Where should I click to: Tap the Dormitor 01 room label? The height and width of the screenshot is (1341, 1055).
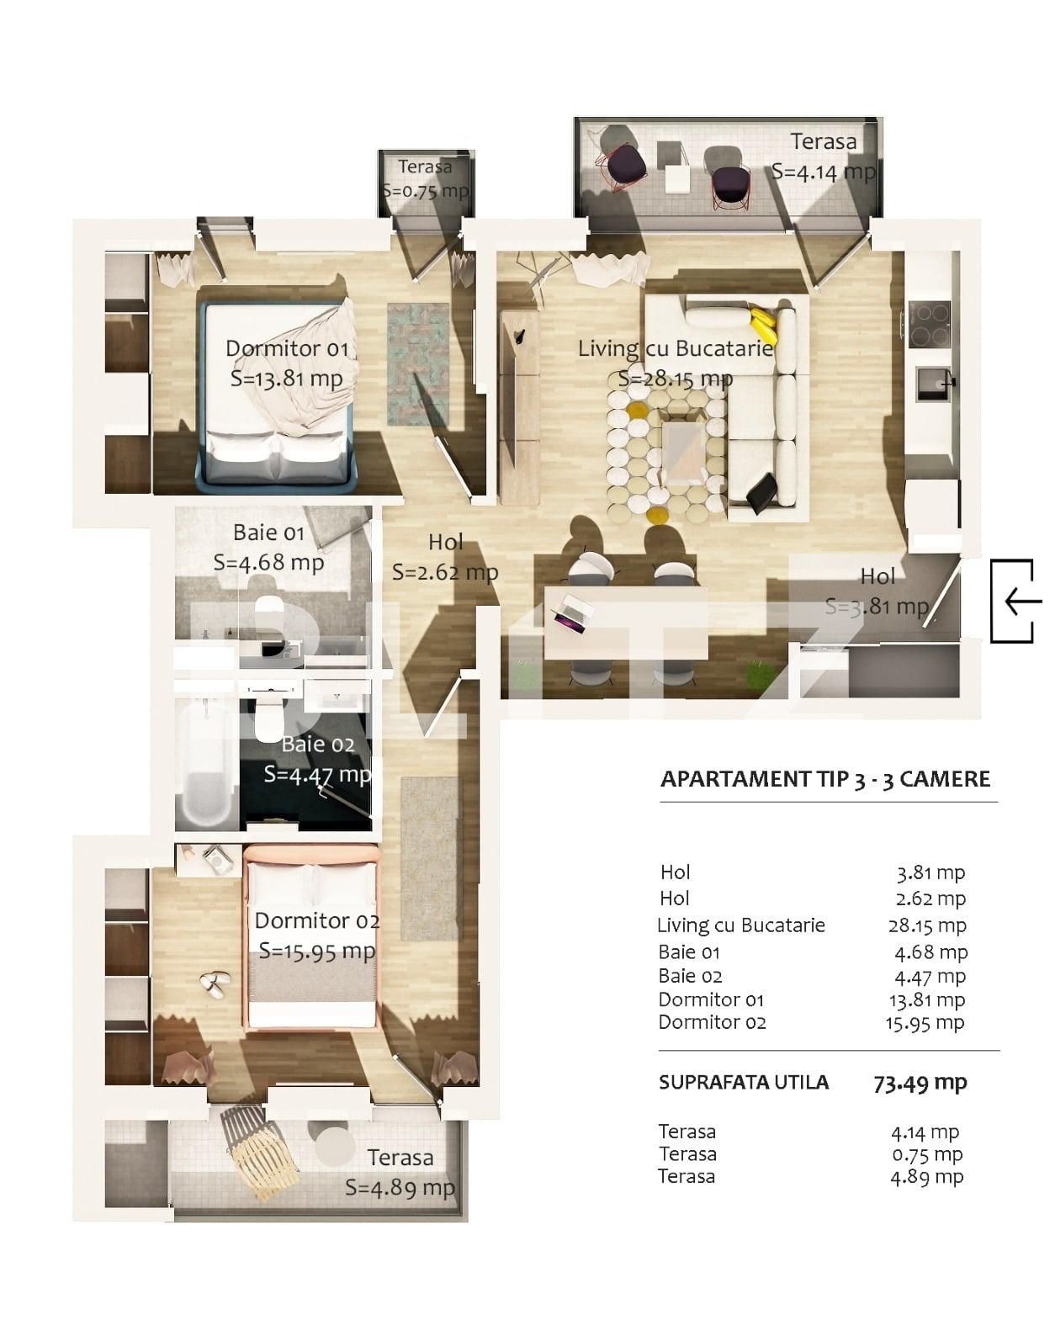coord(287,348)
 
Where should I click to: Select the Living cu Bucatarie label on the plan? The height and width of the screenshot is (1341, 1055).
coord(676,348)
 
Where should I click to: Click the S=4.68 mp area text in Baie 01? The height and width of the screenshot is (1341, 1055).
coord(268,562)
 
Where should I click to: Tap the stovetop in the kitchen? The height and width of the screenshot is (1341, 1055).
coord(929,324)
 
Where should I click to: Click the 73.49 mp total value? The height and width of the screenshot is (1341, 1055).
coord(920,1083)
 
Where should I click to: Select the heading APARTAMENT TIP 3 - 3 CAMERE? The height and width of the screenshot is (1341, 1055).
coord(825,779)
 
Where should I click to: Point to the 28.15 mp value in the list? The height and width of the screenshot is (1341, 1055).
coord(926,925)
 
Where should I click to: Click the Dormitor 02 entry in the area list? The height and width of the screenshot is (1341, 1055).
coord(712,1022)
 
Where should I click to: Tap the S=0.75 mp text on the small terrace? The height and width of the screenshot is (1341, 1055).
coord(425,191)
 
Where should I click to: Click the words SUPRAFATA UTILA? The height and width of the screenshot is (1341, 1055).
coord(744,1083)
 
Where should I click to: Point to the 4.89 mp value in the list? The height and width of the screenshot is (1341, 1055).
coord(926,1176)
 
